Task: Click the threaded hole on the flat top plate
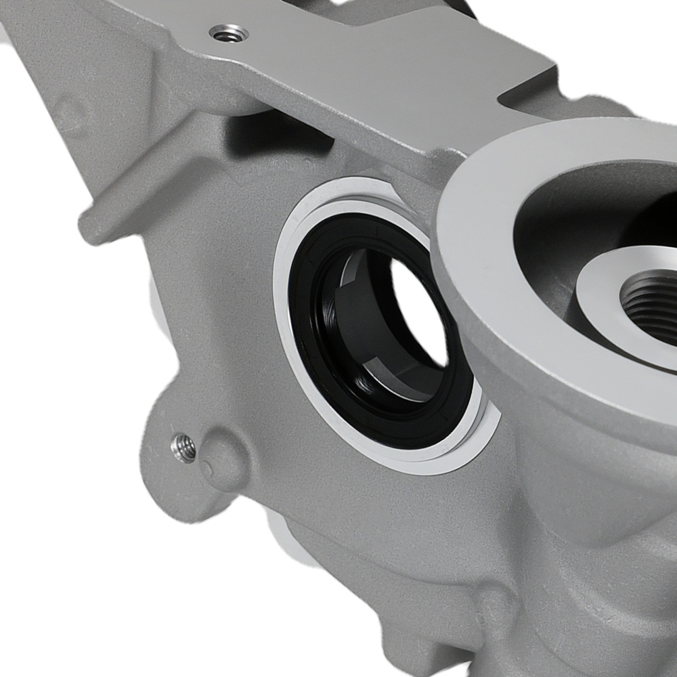point(228,32)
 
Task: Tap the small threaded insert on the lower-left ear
point(183,447)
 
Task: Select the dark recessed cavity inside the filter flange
point(562,217)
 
